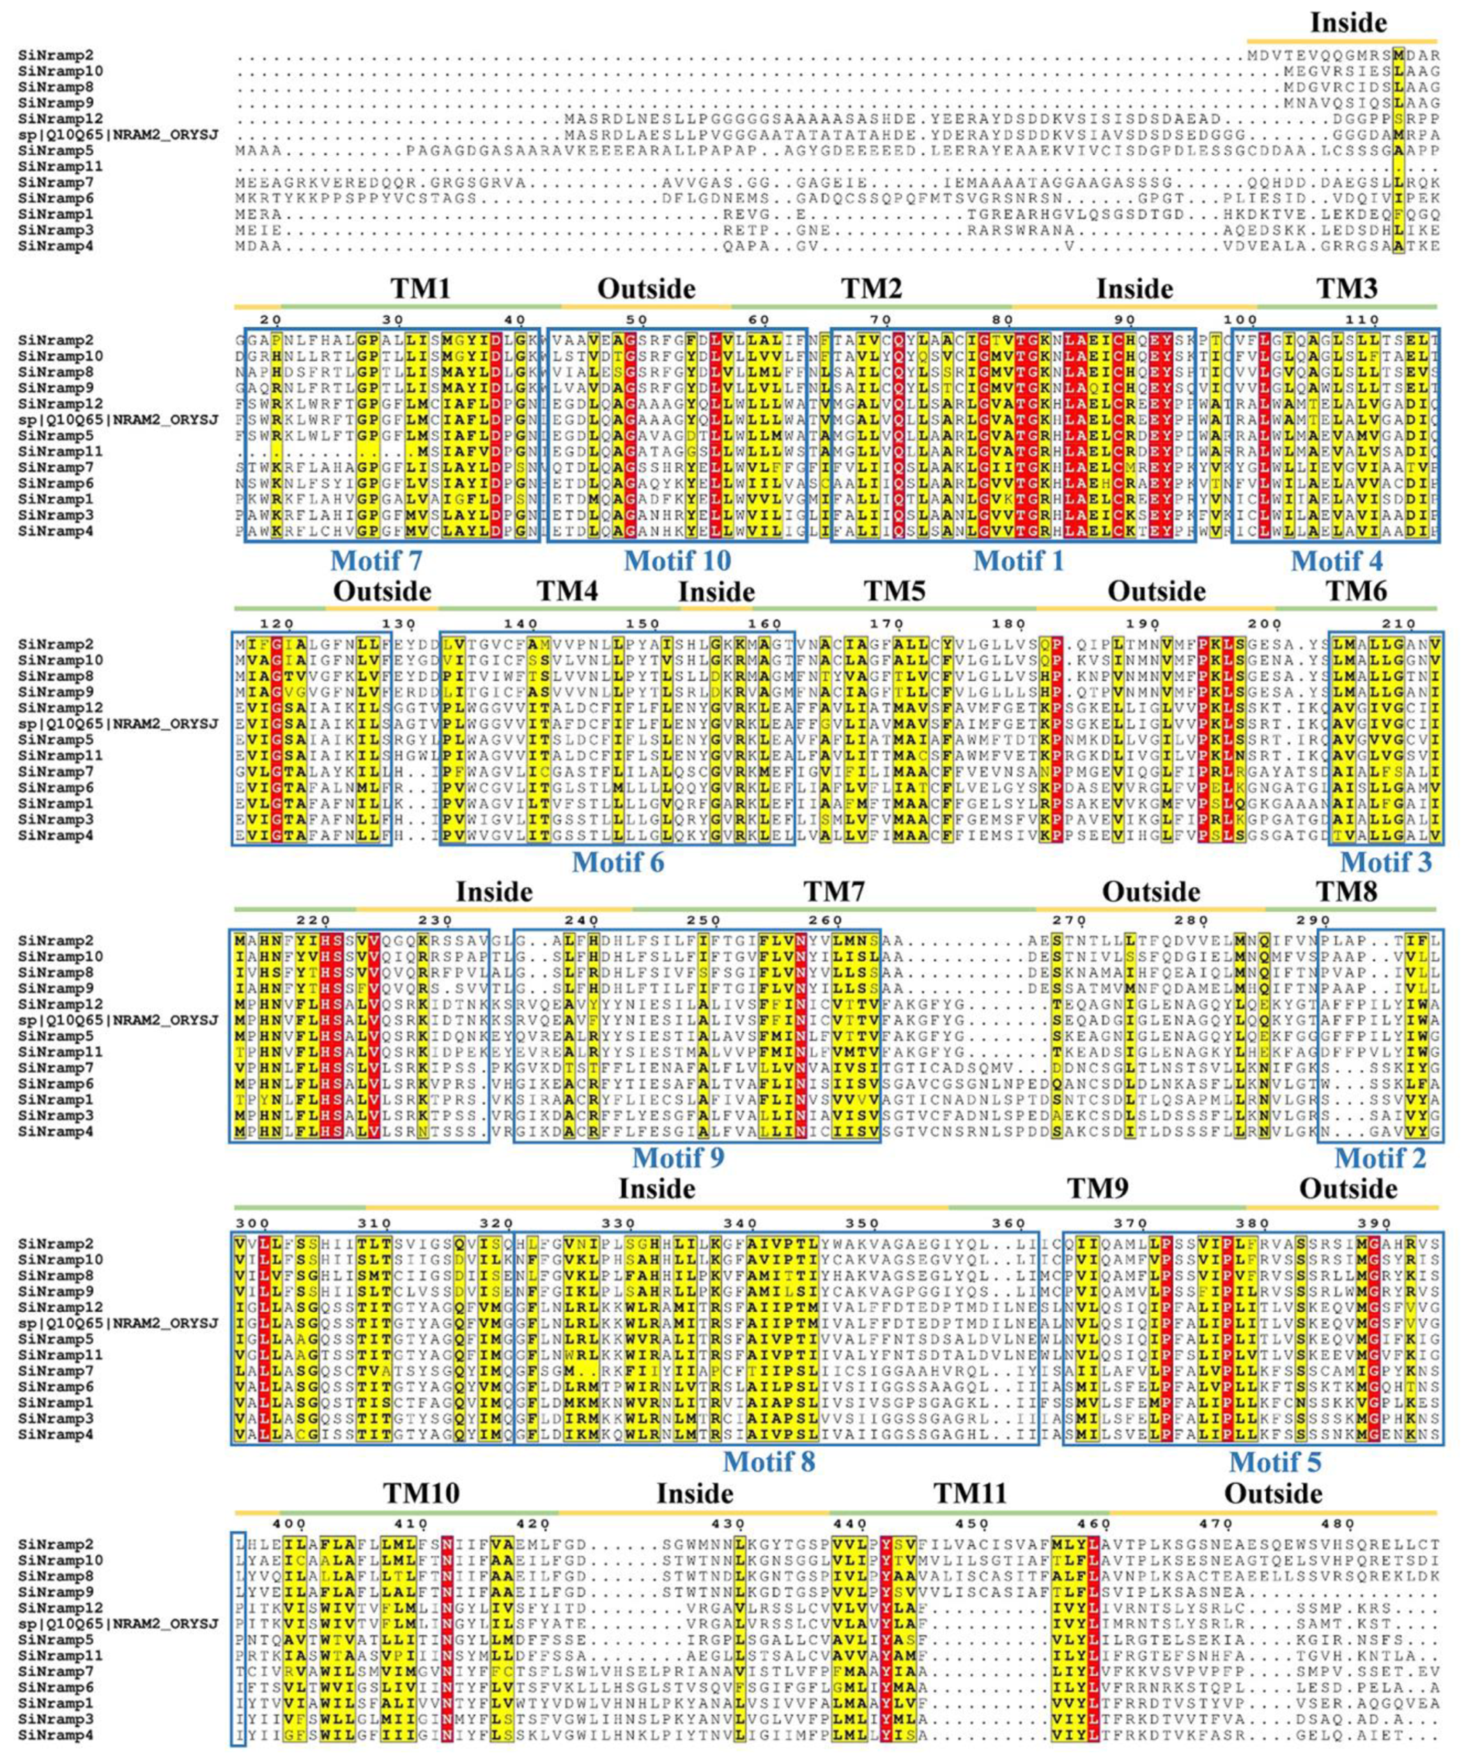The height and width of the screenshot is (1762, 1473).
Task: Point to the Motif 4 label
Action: click(1337, 560)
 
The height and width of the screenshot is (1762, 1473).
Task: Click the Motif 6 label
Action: click(617, 862)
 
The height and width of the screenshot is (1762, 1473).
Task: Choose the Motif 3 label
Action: click(1385, 862)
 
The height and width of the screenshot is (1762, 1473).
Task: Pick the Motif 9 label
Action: click(678, 1158)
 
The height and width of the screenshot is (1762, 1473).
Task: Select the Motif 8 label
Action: click(769, 1461)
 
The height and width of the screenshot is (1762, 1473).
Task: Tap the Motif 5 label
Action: click(1275, 1461)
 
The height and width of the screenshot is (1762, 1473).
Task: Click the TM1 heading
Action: click(420, 289)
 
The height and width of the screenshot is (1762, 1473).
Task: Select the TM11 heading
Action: click(971, 1494)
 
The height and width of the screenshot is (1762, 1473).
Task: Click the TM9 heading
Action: click(1097, 1189)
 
